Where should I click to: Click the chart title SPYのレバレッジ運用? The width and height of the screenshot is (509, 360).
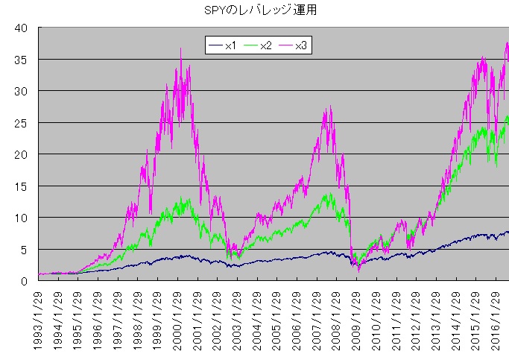point(254,10)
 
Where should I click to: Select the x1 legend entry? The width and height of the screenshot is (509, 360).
point(223,46)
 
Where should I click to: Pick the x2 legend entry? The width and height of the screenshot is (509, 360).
point(258,46)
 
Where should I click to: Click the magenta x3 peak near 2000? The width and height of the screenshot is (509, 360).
point(180,49)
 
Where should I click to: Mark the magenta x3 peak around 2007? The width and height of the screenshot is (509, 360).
point(329,108)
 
